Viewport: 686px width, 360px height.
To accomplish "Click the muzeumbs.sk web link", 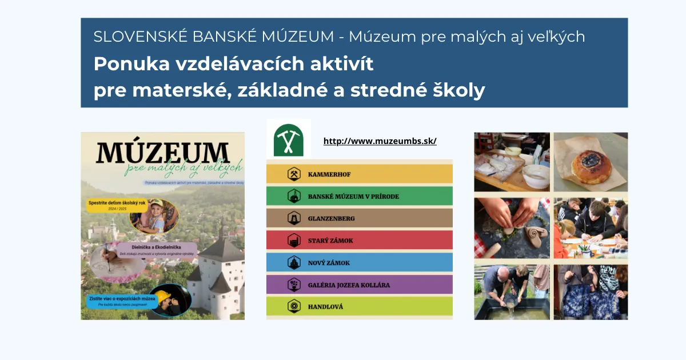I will pyautogui.click(x=380, y=141).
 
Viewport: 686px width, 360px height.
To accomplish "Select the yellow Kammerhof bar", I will pyautogui.click(x=359, y=174).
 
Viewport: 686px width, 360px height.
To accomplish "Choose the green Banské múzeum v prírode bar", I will pyautogui.click(x=359, y=196).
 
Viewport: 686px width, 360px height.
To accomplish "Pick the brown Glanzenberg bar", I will pyautogui.click(x=359, y=218).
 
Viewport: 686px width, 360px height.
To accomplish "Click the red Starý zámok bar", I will pyautogui.click(x=359, y=241).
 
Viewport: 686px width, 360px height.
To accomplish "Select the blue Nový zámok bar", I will pyautogui.click(x=359, y=262).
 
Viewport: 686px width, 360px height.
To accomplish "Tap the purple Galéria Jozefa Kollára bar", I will pyautogui.click(x=359, y=285).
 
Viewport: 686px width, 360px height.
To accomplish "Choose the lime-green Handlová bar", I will pyautogui.click(x=359, y=306).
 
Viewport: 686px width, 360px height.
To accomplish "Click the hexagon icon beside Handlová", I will pyautogui.click(x=294, y=306).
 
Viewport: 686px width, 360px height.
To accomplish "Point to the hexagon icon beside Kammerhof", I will pyautogui.click(x=294, y=174).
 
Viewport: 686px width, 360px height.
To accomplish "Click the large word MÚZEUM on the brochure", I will pyautogui.click(x=162, y=153).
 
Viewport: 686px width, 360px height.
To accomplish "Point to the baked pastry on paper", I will pyautogui.click(x=591, y=165).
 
